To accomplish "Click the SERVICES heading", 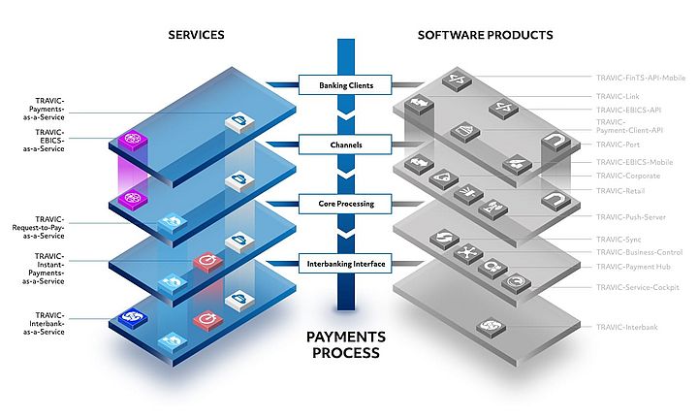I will point(196,35).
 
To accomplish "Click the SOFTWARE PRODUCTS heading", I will point(485,35).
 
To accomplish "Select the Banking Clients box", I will point(346,85).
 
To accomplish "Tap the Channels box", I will point(346,145).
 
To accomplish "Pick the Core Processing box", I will point(346,204).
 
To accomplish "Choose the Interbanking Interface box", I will point(346,263).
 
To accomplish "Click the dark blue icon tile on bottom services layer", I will point(130,317).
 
